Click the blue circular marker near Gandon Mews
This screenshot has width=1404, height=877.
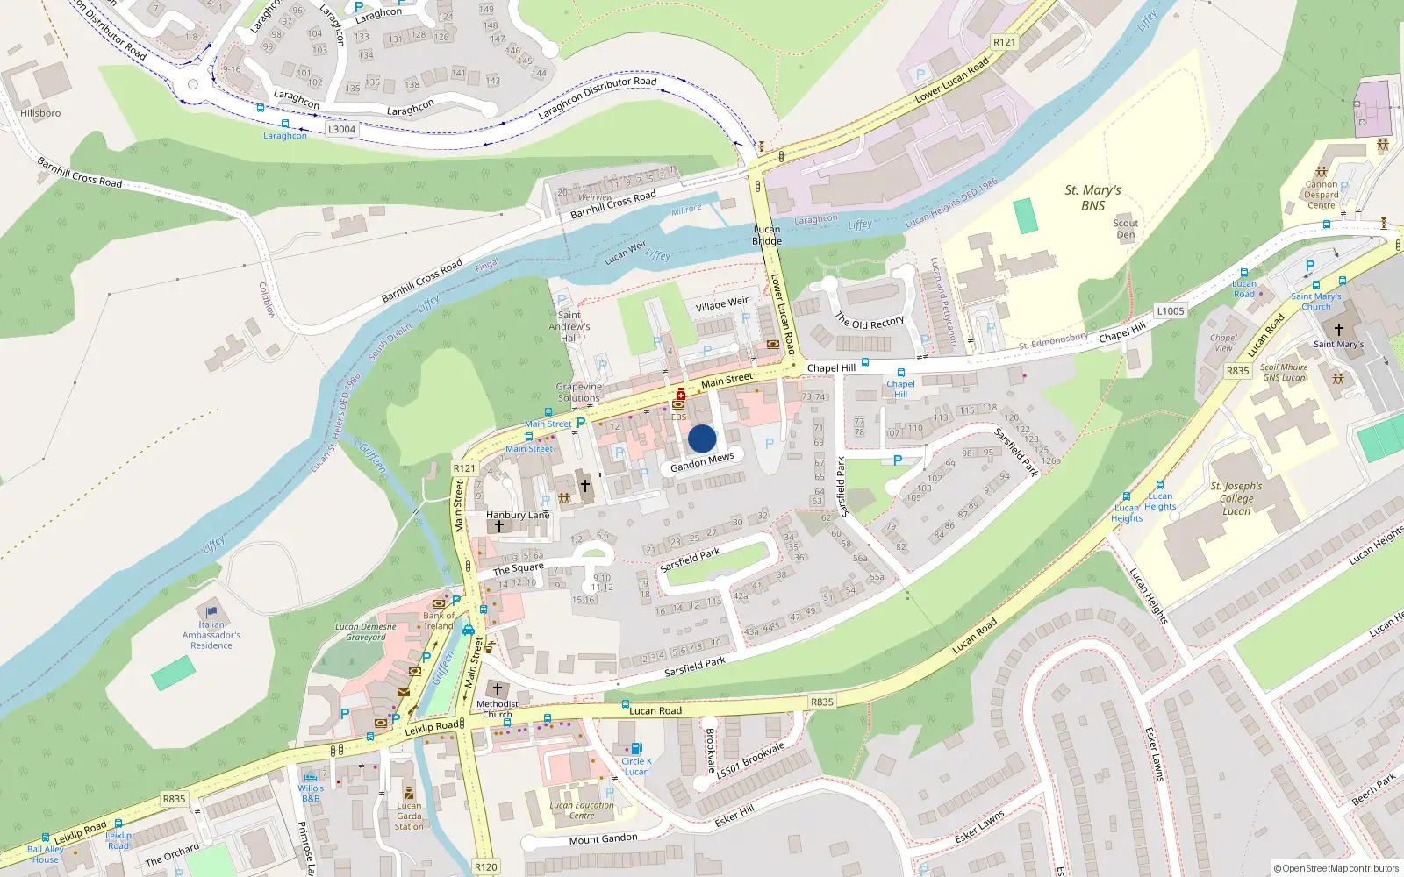pos(702,438)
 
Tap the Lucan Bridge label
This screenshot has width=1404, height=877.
pos(766,235)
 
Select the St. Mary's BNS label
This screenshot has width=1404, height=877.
pos(1092,197)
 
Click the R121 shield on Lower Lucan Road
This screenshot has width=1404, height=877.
pos(1004,42)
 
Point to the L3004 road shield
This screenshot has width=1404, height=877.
pos(341,129)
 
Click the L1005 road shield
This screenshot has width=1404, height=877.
pos(1170,310)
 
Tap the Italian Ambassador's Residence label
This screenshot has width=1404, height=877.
pos(211,635)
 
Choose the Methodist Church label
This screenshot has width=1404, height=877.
pos(497,709)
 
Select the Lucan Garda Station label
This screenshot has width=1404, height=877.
pos(409,816)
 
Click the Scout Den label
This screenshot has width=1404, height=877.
pos(1125,229)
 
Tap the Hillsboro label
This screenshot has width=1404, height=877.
pos(40,113)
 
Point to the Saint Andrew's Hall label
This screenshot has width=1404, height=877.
pos(569,326)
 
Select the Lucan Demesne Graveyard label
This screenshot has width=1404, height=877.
pos(365,631)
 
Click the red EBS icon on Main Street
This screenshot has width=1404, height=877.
pos(679,396)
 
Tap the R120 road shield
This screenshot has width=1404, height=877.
pos(485,866)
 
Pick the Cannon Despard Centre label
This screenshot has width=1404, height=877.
pos(1321,195)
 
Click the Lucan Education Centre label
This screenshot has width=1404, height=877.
pos(582,810)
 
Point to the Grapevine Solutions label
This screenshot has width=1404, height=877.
pos(578,392)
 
